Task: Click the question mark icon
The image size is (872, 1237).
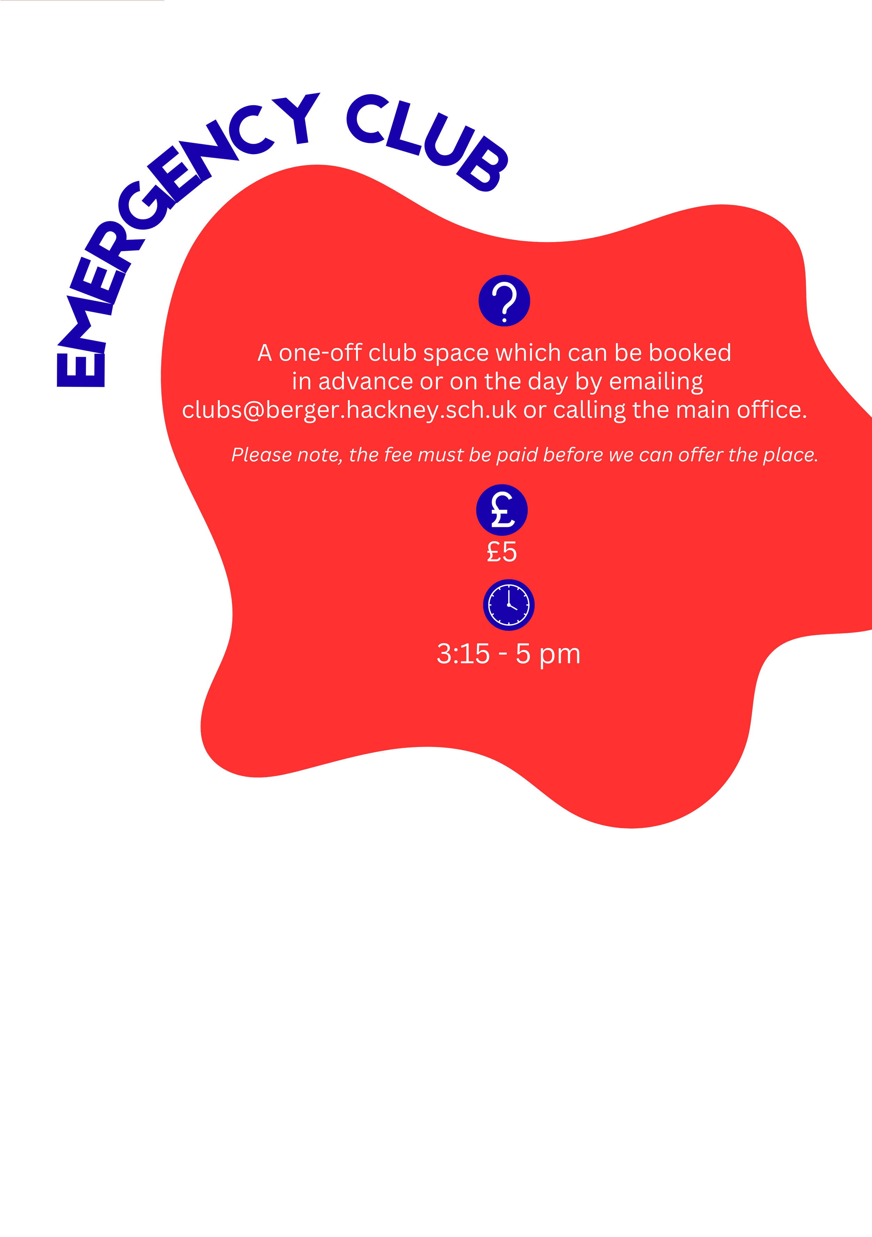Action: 504,301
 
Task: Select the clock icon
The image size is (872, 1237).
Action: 508,605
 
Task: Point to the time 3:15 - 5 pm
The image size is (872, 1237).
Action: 508,654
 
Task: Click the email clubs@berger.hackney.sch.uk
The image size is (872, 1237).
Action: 349,410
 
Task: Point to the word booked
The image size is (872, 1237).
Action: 690,353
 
